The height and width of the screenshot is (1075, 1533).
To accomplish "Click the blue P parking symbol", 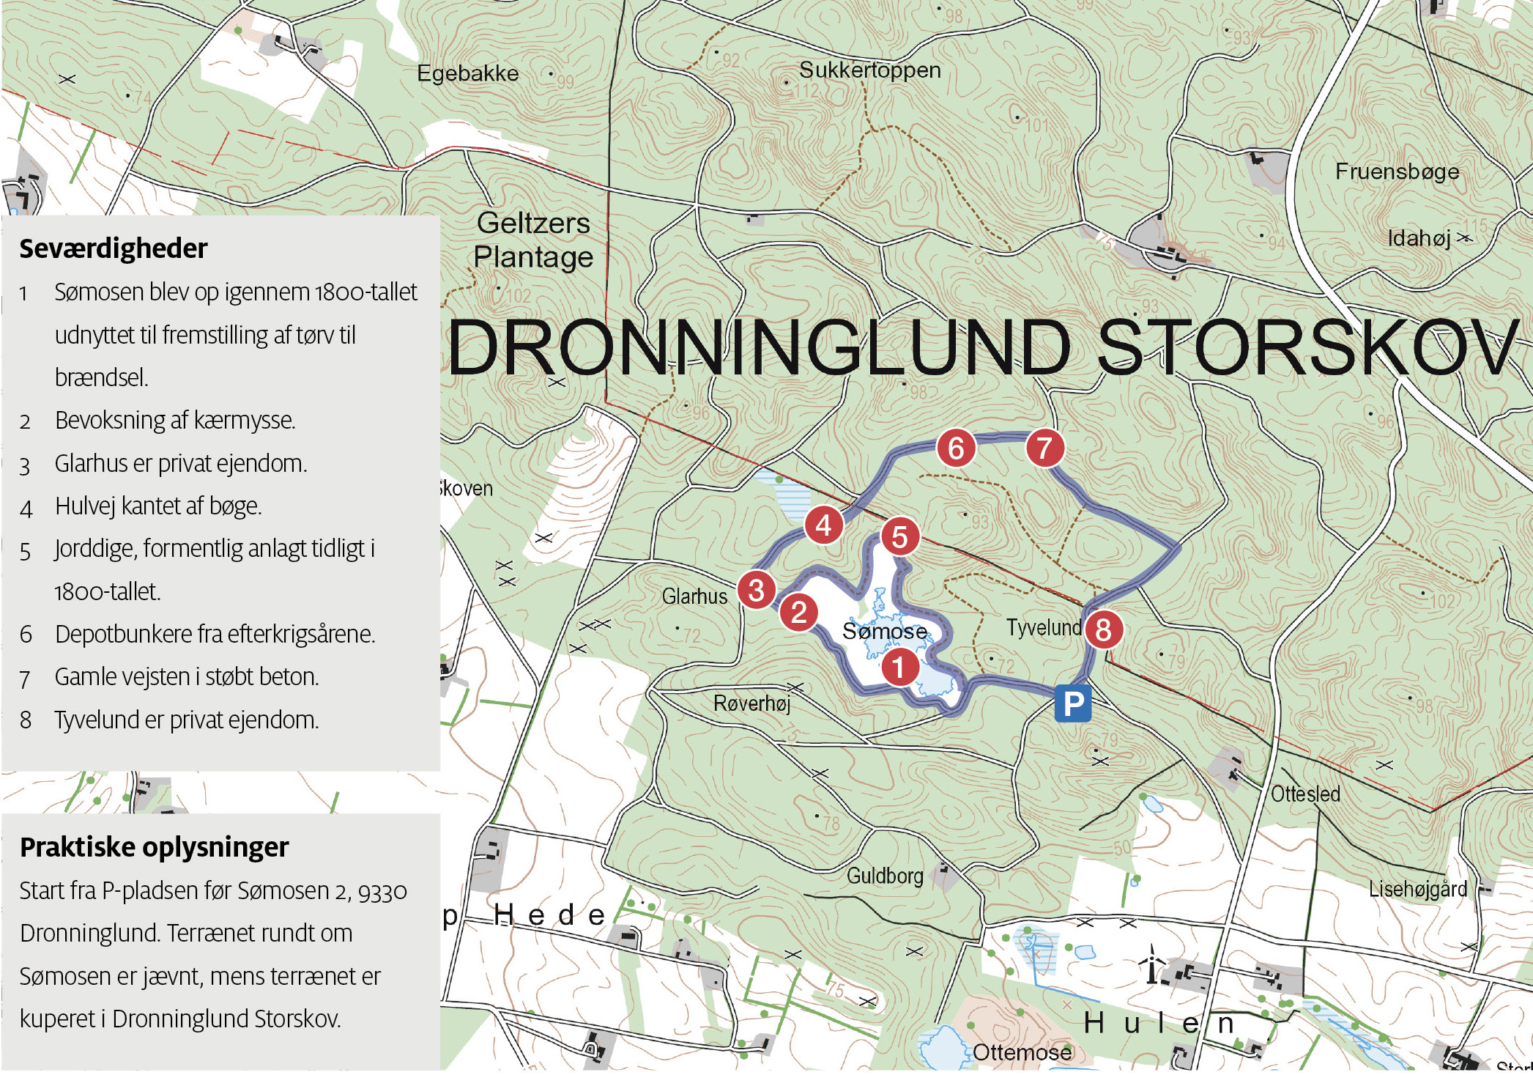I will coord(1072,704).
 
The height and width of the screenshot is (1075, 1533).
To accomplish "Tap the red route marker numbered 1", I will coord(899,668).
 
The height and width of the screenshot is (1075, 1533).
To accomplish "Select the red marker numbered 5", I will coord(899,537).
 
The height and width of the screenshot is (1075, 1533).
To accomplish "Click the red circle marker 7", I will coord(1044,448).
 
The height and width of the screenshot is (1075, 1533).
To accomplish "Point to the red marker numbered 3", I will coord(757,590).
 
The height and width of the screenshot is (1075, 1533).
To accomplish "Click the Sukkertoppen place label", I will coord(869,70).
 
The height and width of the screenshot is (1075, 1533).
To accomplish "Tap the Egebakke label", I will coord(467,73).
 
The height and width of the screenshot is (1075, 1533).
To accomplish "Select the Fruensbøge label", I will coord(1397,171).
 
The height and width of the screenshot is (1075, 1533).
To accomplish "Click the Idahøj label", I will coord(1419,238).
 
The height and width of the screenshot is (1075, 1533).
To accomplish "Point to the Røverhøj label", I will coord(752,703).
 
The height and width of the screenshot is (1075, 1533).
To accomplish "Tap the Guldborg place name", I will coord(885,876).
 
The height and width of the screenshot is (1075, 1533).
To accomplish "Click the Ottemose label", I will coord(1022,1052).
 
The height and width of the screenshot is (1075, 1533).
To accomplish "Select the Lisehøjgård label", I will coord(1418,889).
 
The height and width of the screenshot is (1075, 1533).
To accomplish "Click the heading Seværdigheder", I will coord(114,248).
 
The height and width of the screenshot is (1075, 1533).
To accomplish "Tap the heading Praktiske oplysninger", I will coord(154,847).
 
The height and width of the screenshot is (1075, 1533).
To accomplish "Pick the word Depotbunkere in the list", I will coord(114,634).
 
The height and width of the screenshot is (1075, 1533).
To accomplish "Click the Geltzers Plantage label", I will coord(533,240).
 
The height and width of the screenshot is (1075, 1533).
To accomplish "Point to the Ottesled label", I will coord(1305,794).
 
